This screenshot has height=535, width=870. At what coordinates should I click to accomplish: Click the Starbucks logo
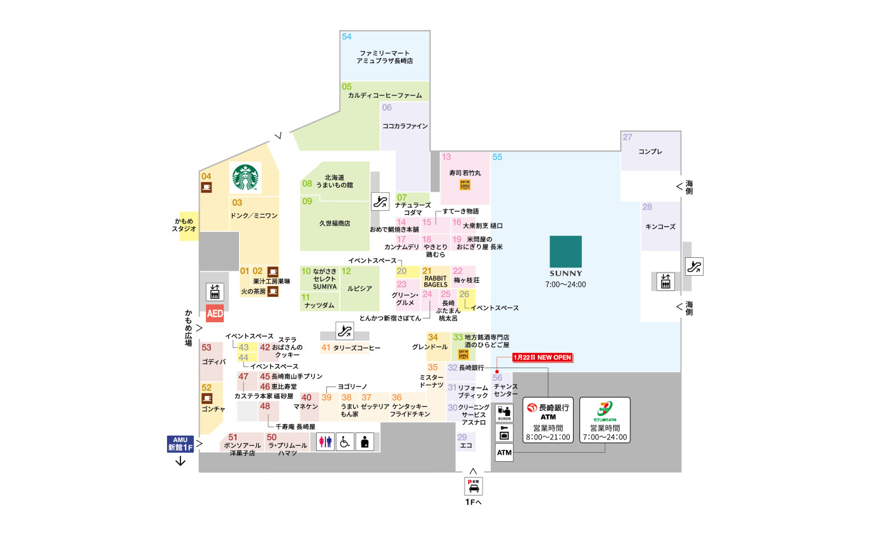coord(246,178)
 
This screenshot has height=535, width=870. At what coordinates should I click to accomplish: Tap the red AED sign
coord(215,315)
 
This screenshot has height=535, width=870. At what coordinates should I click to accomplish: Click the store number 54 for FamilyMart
coord(347,36)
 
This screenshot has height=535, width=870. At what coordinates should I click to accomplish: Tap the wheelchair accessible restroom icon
coord(345,441)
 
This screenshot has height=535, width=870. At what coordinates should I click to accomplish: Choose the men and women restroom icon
coord(326,441)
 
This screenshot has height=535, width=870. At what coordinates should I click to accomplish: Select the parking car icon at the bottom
coord(474,486)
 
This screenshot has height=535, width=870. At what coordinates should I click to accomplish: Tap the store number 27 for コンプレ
coord(628,138)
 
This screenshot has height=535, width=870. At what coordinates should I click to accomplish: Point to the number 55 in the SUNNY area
coord(497,157)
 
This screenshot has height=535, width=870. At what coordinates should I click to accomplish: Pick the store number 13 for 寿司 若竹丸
coord(447,157)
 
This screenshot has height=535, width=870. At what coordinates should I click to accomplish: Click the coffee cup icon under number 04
coord(207,187)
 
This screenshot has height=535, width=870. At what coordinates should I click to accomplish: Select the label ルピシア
coord(359,288)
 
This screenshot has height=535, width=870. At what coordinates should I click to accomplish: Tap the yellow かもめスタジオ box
coord(189,224)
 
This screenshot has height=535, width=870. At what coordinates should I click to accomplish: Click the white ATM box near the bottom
coord(504,452)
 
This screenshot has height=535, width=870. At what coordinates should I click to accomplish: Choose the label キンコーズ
coord(660,226)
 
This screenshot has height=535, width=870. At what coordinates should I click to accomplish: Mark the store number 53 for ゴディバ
coord(206,348)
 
